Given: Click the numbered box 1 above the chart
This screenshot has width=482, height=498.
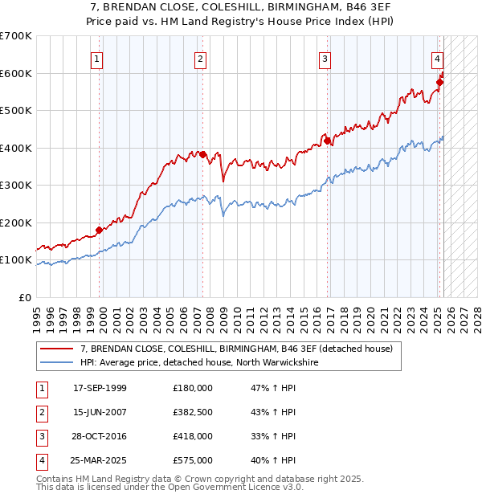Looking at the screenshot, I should tap(96, 59).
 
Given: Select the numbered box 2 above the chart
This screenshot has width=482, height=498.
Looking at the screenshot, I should tap(199, 59).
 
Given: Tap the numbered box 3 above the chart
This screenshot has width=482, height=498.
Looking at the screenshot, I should tap(325, 59).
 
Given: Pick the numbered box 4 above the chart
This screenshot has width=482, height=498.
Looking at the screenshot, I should tap(436, 59).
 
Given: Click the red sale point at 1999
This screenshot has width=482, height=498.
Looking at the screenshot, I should tap(100, 230).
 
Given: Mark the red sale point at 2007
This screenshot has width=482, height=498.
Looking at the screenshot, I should tap(203, 154).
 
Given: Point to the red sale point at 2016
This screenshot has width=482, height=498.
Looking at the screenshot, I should tap(328, 141).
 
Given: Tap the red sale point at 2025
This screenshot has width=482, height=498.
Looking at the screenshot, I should tap(440, 82).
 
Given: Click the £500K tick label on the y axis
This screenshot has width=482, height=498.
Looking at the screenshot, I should tap(17, 111).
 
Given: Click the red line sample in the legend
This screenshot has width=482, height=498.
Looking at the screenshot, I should tap(57, 349).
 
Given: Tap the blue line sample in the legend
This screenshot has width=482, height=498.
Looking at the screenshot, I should tap(57, 363).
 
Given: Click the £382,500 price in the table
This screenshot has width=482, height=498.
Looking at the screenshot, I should tap(193, 412).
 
